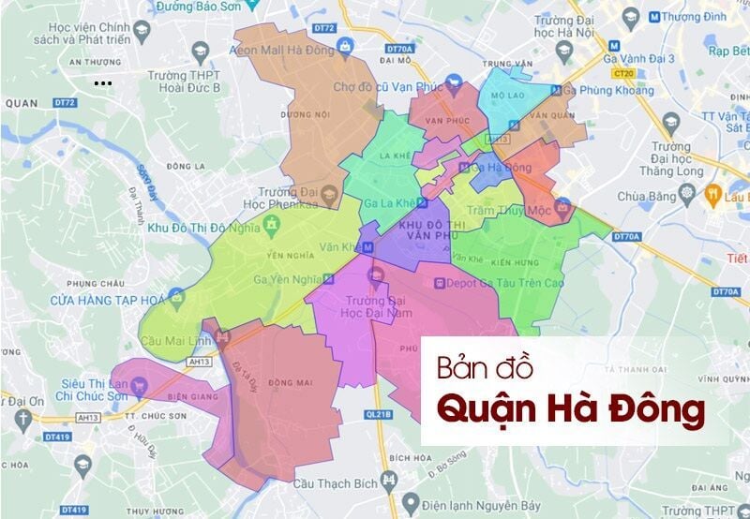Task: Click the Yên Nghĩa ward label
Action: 262,253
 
